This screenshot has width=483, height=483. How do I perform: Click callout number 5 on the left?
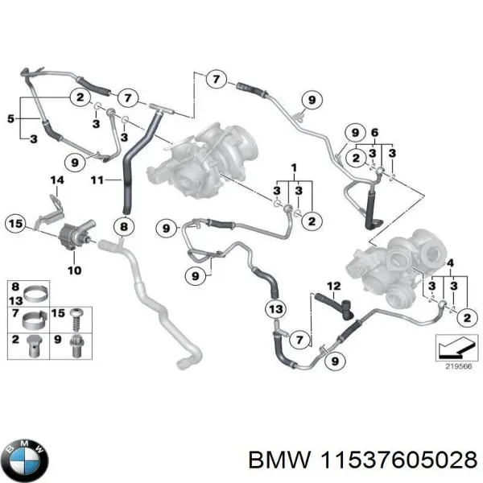coord(10,119)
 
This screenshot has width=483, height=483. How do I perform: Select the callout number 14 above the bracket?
coord(57,180)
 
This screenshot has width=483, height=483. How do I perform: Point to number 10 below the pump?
coord(73,270)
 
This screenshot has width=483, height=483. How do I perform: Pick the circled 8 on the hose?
coord(123,227)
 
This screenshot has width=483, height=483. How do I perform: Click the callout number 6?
coord(374,132)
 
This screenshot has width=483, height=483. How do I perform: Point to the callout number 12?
coord(334,286)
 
